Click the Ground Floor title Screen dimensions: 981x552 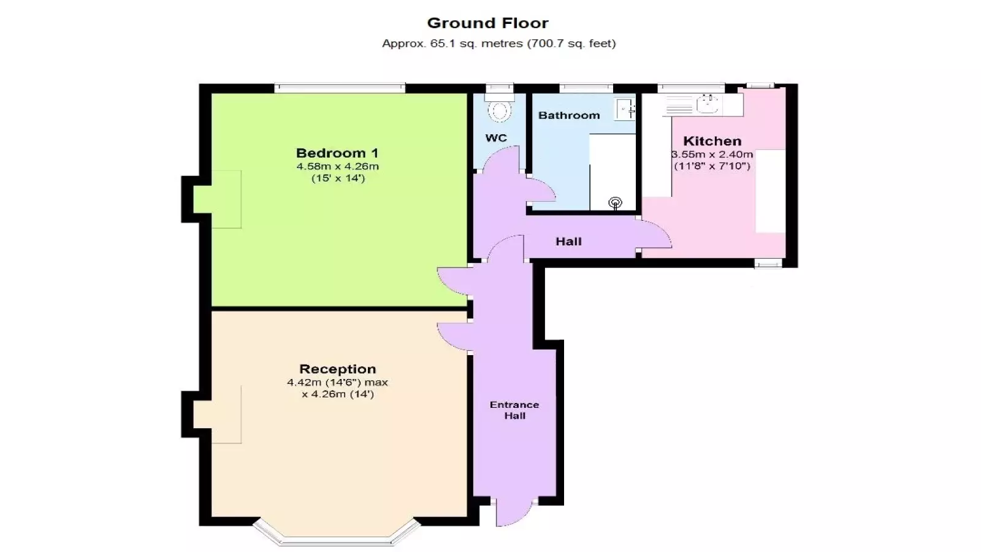pyautogui.click(x=487, y=23)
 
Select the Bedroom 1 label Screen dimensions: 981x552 pyautogui.click(x=337, y=153)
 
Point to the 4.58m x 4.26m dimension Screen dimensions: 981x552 pyautogui.click(x=337, y=166)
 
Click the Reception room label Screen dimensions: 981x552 pyautogui.click(x=337, y=369)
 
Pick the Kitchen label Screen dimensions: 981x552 pyautogui.click(x=712, y=141)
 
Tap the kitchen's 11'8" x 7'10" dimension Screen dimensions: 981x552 pyautogui.click(x=712, y=166)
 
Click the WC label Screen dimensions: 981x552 pyautogui.click(x=496, y=138)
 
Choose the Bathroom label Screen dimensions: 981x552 pyautogui.click(x=569, y=115)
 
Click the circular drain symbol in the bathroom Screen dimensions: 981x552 pyautogui.click(x=616, y=203)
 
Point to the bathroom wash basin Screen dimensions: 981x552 pyautogui.click(x=625, y=109)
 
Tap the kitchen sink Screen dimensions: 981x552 pyautogui.click(x=708, y=105)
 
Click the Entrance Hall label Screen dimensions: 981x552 pyautogui.click(x=514, y=410)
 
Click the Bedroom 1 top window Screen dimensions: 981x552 pyautogui.click(x=340, y=88)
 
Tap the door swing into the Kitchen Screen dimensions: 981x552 pyautogui.click(x=655, y=234)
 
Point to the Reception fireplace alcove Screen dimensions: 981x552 pyautogui.click(x=217, y=415)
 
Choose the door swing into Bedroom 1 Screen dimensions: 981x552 pyautogui.click(x=453, y=282)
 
